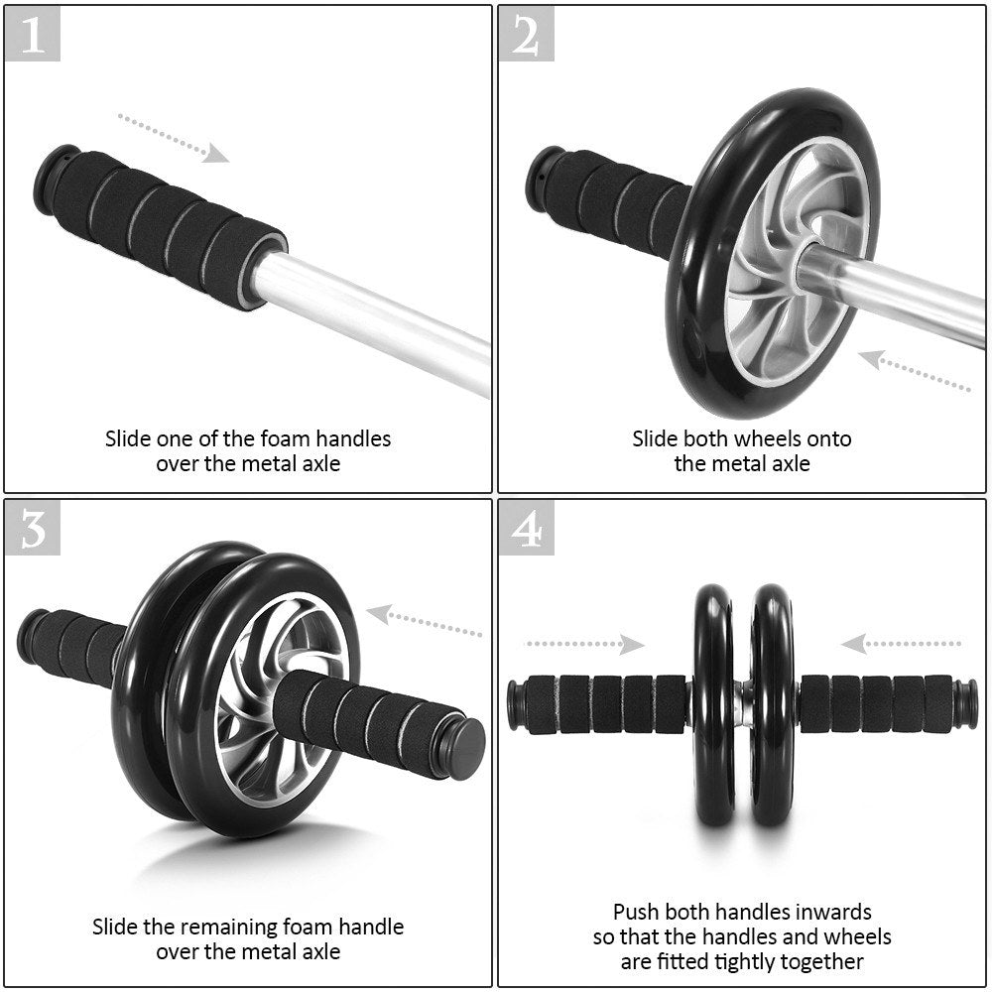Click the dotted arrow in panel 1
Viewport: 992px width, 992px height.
point(174,137)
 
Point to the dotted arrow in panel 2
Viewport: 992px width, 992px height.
point(914,371)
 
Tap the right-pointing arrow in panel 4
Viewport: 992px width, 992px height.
point(584,645)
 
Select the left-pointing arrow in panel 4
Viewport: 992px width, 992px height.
point(900,645)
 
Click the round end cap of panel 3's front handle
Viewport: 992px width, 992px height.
point(464,747)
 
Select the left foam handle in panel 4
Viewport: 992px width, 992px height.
point(605,703)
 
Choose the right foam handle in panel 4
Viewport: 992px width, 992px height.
point(878,703)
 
